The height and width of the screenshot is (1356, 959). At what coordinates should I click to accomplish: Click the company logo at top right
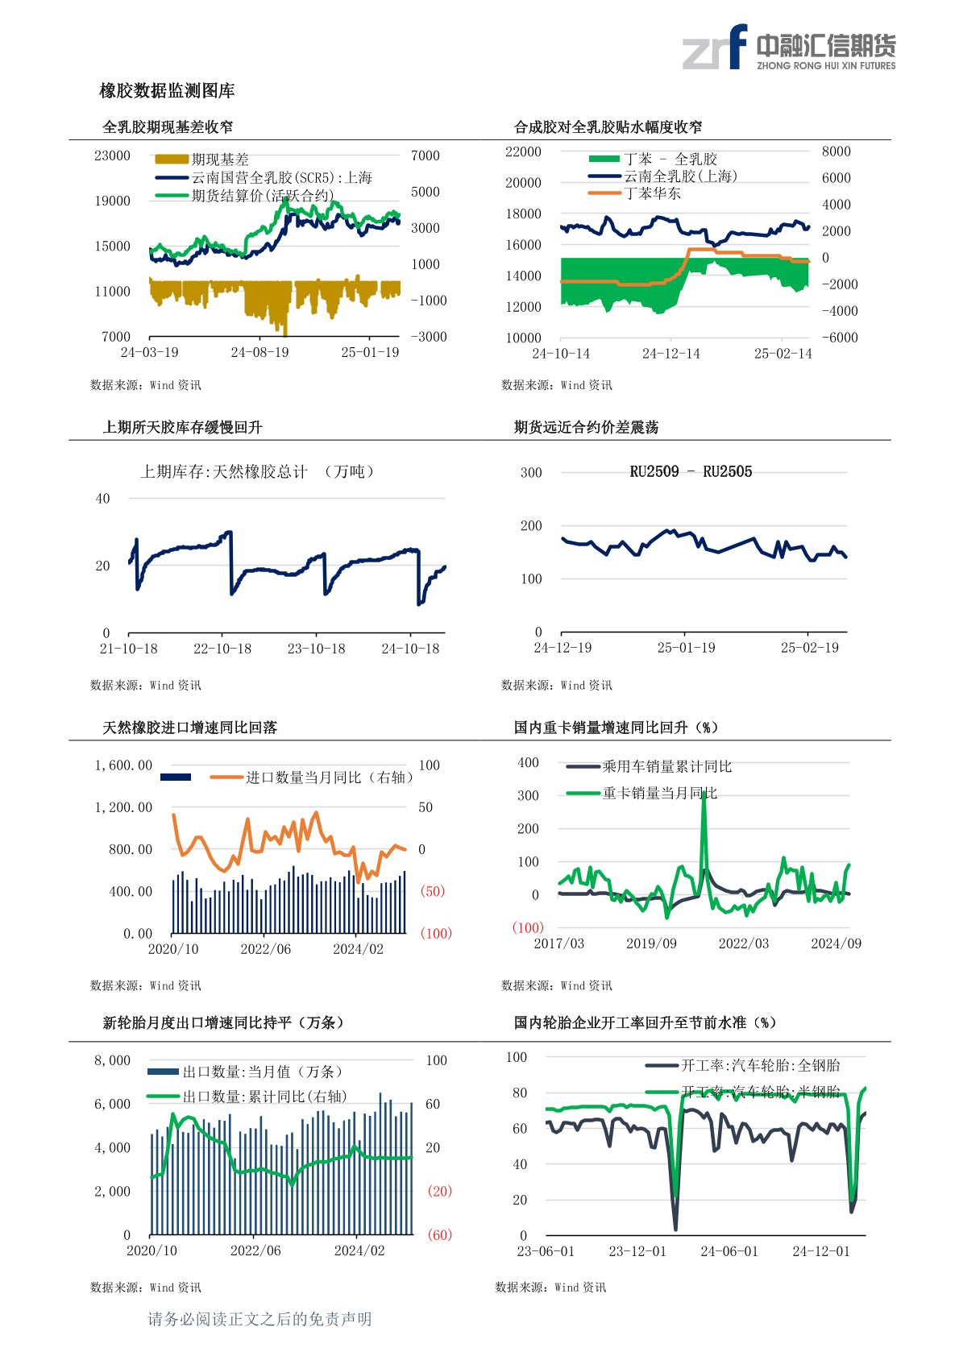tap(788, 48)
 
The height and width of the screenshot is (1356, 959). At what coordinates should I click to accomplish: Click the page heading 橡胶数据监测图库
tap(167, 91)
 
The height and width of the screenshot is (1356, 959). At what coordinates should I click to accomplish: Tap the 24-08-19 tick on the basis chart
tap(259, 352)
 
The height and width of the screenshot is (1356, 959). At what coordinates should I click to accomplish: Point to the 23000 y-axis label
tap(112, 156)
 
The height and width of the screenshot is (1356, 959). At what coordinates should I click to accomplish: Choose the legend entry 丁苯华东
tap(652, 193)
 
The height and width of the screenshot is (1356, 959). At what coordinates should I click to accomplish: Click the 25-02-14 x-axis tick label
tap(783, 354)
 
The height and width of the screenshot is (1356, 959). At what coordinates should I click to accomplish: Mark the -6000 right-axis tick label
tap(839, 338)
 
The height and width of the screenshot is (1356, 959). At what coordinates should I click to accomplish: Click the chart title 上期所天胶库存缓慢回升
tap(182, 427)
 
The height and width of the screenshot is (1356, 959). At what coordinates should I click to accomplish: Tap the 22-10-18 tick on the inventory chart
tap(222, 649)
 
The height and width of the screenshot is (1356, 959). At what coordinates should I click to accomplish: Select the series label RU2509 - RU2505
tap(691, 472)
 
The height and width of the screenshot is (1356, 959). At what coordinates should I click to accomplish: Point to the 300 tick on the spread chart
tap(531, 473)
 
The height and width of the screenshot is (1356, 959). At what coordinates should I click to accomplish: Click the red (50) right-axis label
tap(433, 891)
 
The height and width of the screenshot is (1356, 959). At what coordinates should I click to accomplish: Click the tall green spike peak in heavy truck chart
tap(704, 794)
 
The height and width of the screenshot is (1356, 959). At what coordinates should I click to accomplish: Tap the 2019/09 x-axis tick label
tap(651, 943)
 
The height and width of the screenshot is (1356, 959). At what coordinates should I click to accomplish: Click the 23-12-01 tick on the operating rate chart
tap(637, 1251)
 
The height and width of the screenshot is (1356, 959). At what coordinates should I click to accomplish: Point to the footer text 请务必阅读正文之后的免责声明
tap(259, 1319)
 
